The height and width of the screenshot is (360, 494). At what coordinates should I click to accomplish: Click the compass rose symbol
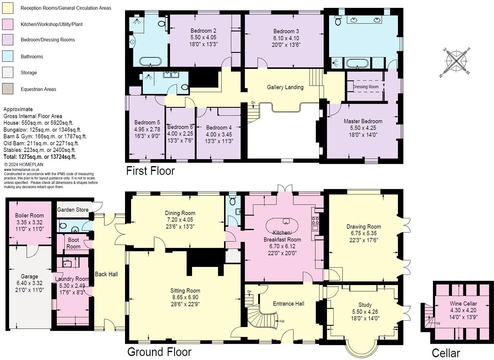[x=456, y=62]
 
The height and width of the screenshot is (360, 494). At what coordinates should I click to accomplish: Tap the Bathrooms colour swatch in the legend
[x=8, y=56]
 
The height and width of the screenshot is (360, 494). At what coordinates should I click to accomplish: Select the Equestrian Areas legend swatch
[x=8, y=89]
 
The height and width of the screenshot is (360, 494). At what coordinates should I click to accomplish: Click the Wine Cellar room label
[x=463, y=304]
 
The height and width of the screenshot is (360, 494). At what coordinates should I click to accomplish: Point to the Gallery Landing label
[x=285, y=87]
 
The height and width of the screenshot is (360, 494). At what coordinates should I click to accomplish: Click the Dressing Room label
[x=366, y=87]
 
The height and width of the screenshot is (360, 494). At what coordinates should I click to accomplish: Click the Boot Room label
[x=73, y=243]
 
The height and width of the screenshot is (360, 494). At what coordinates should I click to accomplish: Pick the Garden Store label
[x=73, y=210]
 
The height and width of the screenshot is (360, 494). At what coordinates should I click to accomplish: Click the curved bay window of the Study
[x=361, y=347]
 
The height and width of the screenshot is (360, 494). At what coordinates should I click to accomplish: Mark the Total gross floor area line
[x=40, y=157]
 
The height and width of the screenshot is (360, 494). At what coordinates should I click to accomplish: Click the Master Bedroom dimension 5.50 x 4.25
[x=363, y=128]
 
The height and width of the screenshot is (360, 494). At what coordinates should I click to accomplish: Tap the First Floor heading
[x=150, y=171]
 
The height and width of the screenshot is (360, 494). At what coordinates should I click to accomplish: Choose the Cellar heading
[x=445, y=353]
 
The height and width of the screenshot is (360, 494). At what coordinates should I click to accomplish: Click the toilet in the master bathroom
[x=338, y=21]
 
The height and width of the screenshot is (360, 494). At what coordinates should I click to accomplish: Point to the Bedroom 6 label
[x=180, y=127]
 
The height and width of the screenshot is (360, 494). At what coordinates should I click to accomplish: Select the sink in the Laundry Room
[x=67, y=263]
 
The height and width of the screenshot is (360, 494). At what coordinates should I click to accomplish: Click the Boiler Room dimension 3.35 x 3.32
[x=29, y=222]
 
